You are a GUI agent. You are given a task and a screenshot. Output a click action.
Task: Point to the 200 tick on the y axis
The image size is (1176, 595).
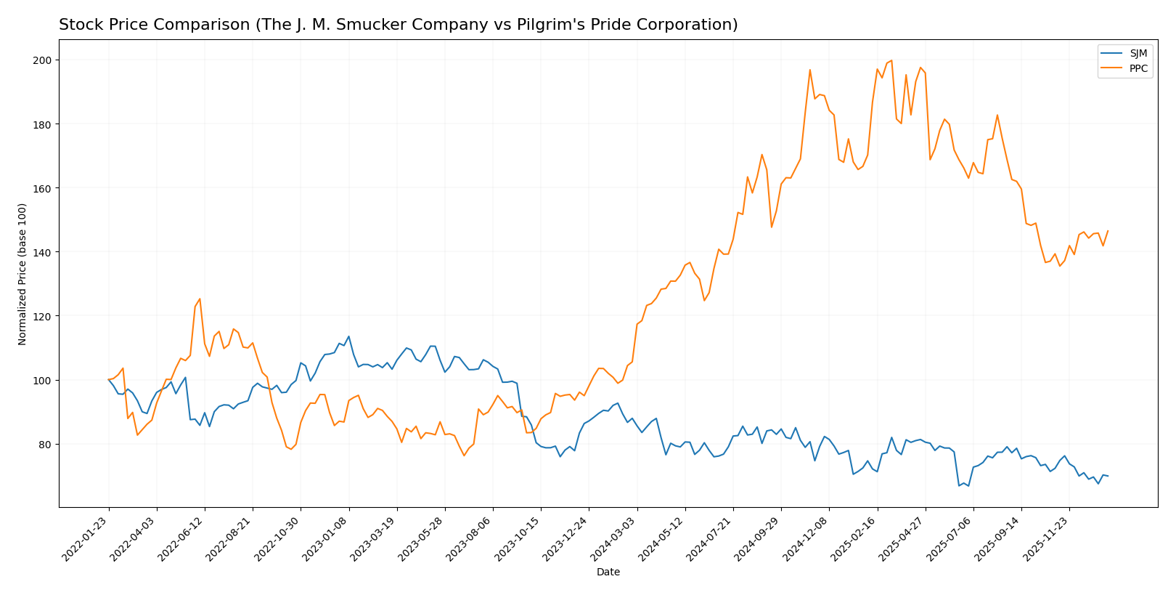point(44,60)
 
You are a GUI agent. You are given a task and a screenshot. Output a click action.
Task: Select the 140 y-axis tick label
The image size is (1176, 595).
point(44,252)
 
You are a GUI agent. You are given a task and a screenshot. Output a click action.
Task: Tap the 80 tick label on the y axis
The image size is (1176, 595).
point(46,445)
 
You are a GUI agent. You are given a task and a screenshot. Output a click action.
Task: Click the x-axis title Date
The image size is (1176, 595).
point(608,572)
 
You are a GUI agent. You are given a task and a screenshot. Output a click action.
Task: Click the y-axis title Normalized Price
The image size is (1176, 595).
point(23,274)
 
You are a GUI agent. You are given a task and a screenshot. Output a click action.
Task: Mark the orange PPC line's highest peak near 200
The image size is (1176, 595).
point(891,60)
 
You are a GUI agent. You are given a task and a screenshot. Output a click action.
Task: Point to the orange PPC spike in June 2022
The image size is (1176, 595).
point(200,299)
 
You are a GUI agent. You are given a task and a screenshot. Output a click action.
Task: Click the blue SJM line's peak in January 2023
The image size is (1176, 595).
point(348,336)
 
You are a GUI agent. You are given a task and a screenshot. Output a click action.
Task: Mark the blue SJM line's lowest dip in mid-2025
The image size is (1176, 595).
point(959,485)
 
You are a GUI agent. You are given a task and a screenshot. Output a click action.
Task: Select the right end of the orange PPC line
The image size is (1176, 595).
point(1108,231)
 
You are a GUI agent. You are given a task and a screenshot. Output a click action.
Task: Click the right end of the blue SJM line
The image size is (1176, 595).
point(1108,476)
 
